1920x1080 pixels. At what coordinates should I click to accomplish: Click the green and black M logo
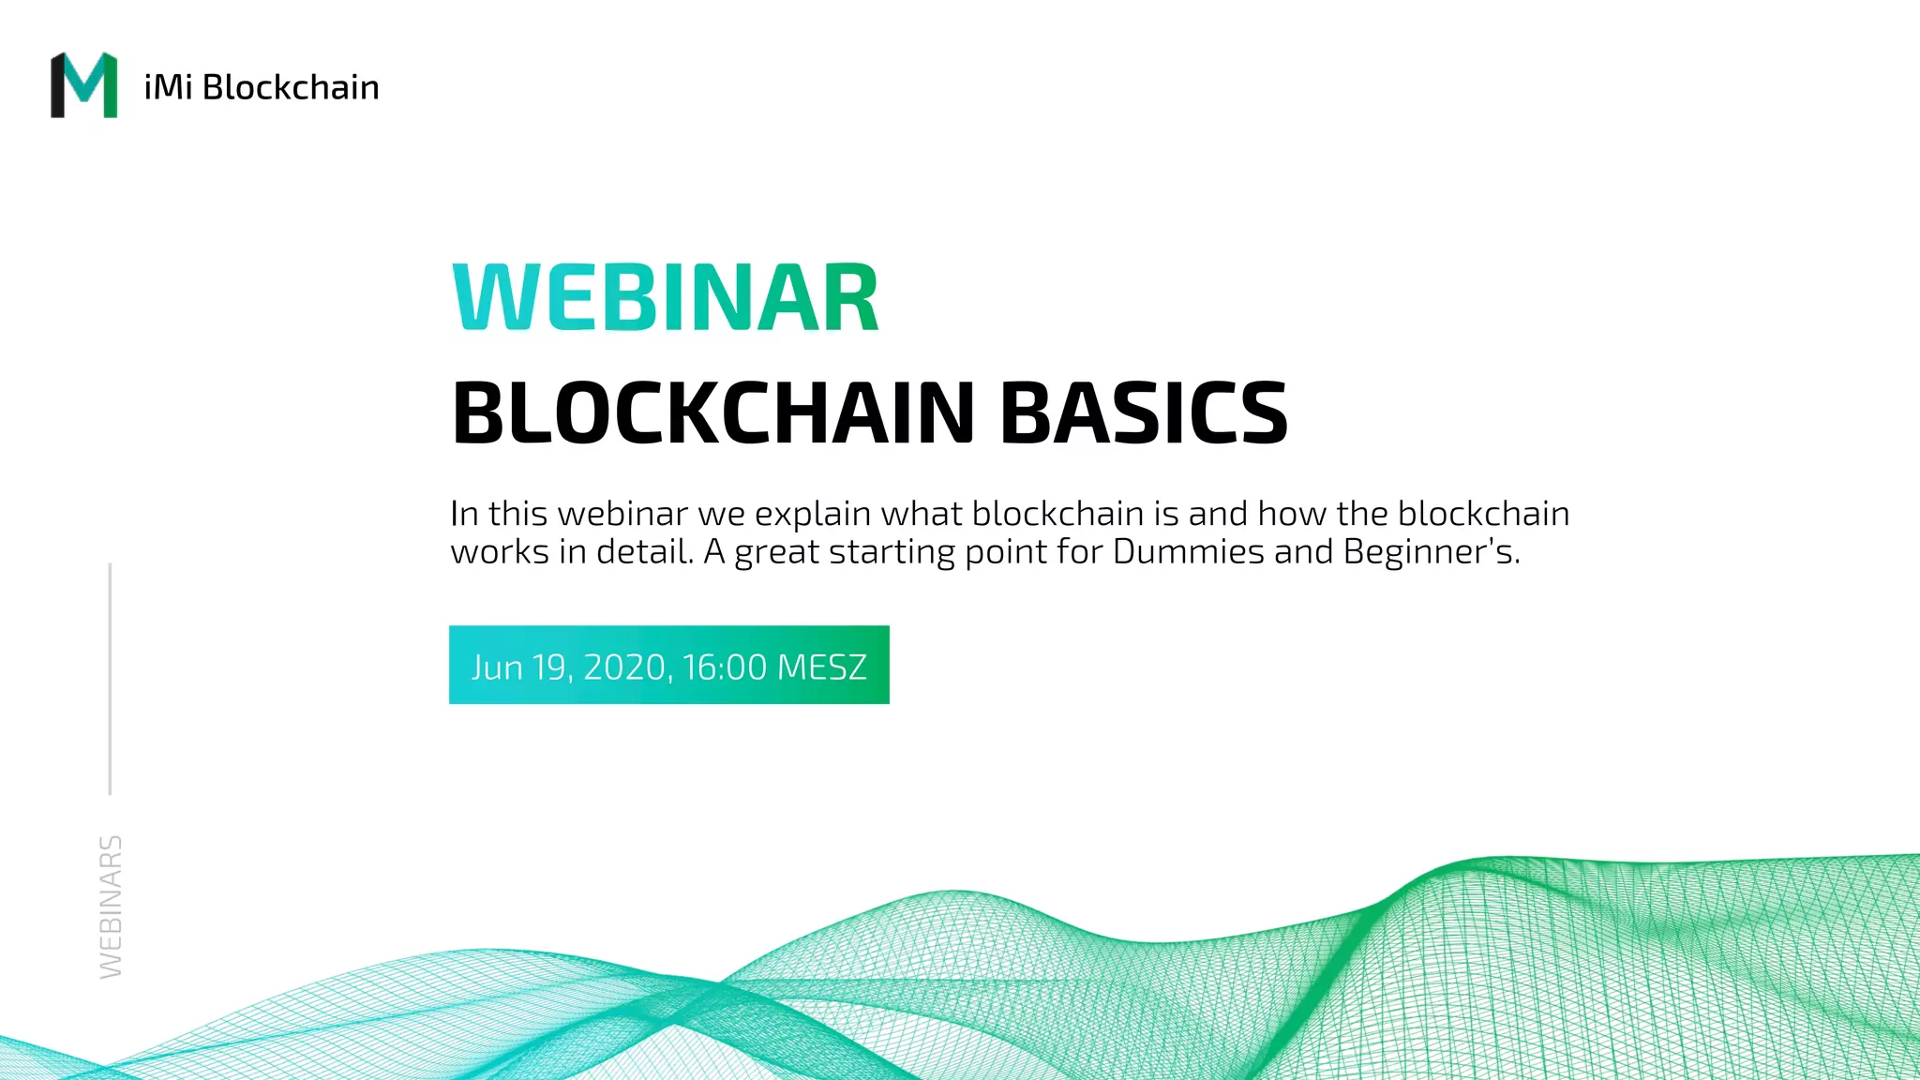click(84, 85)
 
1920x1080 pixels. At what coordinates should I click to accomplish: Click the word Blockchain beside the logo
click(291, 87)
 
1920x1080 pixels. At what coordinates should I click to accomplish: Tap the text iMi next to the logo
click(168, 87)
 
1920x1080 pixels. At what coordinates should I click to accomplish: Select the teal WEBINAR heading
click(666, 298)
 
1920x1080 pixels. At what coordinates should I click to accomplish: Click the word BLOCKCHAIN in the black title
click(713, 412)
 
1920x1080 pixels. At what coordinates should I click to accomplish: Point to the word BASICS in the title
click(1144, 412)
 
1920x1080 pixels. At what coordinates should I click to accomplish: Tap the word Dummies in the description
click(1189, 551)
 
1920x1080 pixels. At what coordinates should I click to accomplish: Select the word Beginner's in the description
click(1431, 551)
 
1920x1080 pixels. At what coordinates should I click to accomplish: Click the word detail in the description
click(645, 551)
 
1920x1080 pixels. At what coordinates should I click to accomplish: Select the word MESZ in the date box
click(822, 667)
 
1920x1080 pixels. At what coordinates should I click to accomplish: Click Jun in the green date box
click(497, 667)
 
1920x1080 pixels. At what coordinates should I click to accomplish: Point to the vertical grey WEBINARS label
click(111, 907)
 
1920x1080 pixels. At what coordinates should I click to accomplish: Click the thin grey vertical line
click(110, 679)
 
